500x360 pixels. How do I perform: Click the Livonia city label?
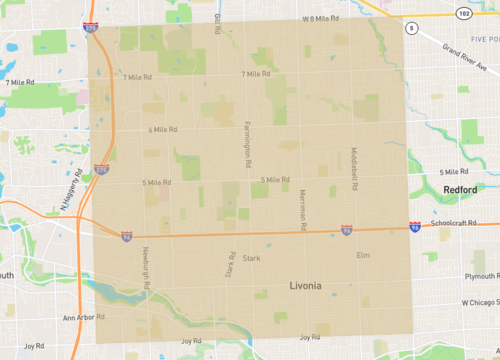[305, 286]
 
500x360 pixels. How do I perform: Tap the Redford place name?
[460, 189]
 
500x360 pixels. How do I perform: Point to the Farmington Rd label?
[247, 143]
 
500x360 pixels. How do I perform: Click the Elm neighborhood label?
[363, 255]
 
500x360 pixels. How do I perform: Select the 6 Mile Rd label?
[163, 130]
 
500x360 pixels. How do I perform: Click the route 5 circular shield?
[412, 28]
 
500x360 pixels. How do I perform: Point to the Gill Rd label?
[217, 23]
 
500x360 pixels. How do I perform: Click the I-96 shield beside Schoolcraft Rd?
[414, 228]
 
